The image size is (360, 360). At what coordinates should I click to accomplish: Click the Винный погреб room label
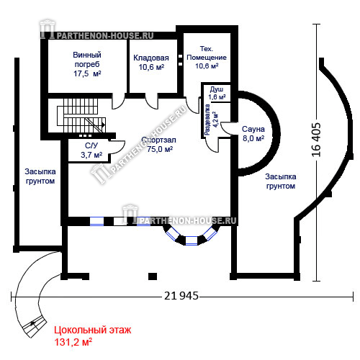(x=87, y=64)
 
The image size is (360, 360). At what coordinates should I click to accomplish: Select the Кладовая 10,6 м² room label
(x=151, y=63)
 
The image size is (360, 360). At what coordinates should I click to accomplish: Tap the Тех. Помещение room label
(x=207, y=58)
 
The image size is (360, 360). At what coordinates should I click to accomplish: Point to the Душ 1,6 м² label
(x=217, y=93)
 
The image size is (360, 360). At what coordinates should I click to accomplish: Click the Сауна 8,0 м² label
(x=253, y=134)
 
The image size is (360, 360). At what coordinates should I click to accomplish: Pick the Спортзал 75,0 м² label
(x=159, y=145)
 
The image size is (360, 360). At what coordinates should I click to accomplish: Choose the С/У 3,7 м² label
(x=91, y=150)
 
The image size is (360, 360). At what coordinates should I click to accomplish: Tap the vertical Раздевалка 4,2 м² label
(x=211, y=120)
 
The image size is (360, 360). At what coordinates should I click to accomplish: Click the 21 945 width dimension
(x=181, y=296)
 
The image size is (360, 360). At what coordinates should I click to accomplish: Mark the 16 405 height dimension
(x=316, y=140)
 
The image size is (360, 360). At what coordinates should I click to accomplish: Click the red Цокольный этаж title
(x=93, y=330)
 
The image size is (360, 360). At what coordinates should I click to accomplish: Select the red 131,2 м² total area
(x=73, y=342)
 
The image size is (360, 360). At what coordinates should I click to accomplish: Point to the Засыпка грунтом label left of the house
(x=40, y=176)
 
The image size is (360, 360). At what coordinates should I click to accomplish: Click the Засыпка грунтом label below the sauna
(x=281, y=181)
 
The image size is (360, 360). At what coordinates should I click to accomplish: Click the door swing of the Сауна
(x=226, y=128)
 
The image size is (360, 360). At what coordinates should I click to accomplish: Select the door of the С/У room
(x=117, y=147)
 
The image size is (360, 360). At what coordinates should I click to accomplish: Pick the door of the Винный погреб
(x=118, y=102)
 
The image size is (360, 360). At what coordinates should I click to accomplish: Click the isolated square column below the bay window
(x=153, y=276)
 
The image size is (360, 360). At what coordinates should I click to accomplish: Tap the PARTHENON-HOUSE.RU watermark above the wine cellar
(x=97, y=31)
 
